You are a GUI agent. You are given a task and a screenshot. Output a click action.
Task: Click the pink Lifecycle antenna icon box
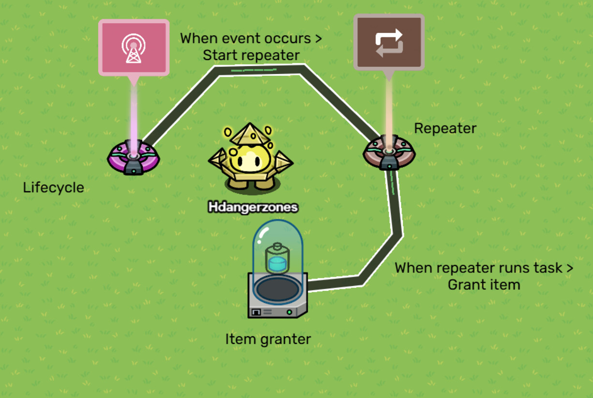pos(134,47)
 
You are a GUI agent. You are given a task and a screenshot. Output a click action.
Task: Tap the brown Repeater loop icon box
pos(389,42)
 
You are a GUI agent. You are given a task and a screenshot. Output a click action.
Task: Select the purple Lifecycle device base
pos(133,157)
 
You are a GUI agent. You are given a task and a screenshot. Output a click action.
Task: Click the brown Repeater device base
pos(389,153)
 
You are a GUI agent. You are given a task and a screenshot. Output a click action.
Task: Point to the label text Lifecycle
pos(53,187)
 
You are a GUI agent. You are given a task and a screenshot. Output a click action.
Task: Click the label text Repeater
pos(445,128)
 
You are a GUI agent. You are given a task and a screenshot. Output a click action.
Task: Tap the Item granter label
pos(268,340)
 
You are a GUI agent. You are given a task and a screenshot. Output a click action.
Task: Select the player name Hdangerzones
pos(253,208)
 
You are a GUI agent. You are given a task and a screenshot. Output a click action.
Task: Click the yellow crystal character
pos(251,162)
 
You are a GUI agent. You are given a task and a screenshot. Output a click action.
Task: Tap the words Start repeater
pos(251,56)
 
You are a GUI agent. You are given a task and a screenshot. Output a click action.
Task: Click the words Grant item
pos(484,284)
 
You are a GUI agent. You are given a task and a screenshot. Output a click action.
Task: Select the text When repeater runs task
pos(479,268)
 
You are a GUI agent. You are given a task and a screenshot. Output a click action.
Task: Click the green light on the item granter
pos(289,312)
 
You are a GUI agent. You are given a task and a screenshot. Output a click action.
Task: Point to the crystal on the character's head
pos(250,134)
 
